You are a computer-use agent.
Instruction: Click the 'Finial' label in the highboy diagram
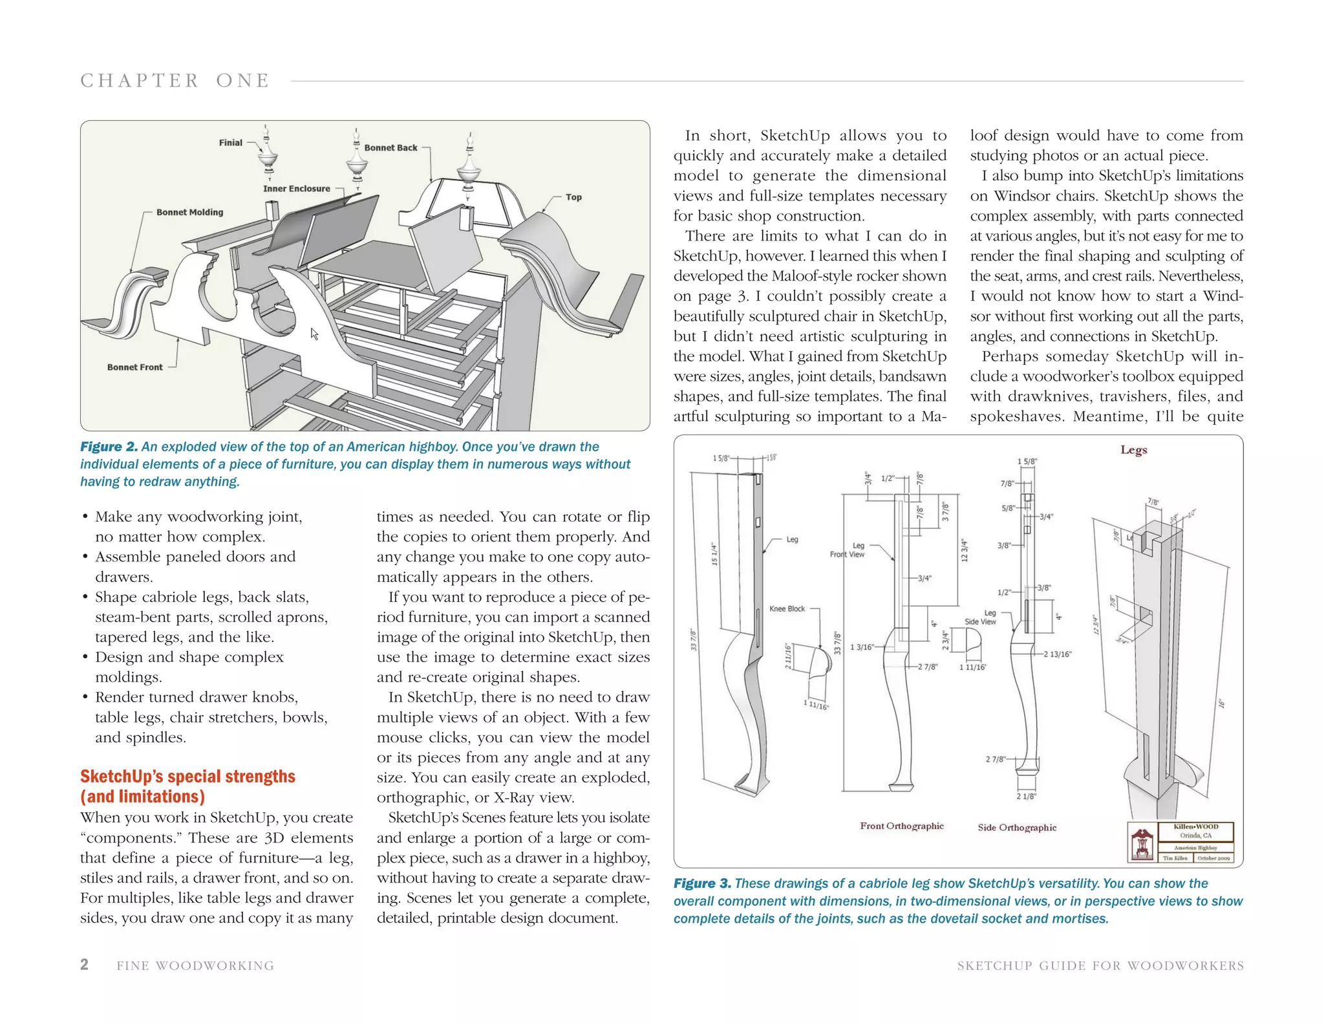[230, 143]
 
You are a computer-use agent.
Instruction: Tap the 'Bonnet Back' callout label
[390, 147]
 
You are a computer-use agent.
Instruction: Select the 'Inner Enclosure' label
[296, 189]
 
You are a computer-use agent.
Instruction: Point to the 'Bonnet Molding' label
[189, 212]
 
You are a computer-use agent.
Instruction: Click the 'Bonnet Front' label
[134, 367]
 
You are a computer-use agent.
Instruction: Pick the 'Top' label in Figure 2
[573, 197]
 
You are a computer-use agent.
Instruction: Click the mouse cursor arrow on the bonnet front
[314, 334]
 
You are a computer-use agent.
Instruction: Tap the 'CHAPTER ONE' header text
[175, 81]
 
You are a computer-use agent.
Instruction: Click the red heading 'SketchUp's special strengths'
[187, 777]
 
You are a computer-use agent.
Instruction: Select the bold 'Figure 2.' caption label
[109, 447]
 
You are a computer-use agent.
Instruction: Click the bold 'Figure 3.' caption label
[702, 883]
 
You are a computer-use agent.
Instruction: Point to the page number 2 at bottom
[84, 965]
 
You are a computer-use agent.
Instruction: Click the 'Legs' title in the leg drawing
[1133, 449]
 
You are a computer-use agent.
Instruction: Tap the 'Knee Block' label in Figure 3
[787, 608]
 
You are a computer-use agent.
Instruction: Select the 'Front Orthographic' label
[901, 826]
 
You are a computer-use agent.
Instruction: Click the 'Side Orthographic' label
[1017, 828]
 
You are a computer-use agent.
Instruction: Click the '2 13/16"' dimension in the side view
[1057, 654]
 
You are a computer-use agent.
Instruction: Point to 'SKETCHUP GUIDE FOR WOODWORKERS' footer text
[1100, 965]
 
